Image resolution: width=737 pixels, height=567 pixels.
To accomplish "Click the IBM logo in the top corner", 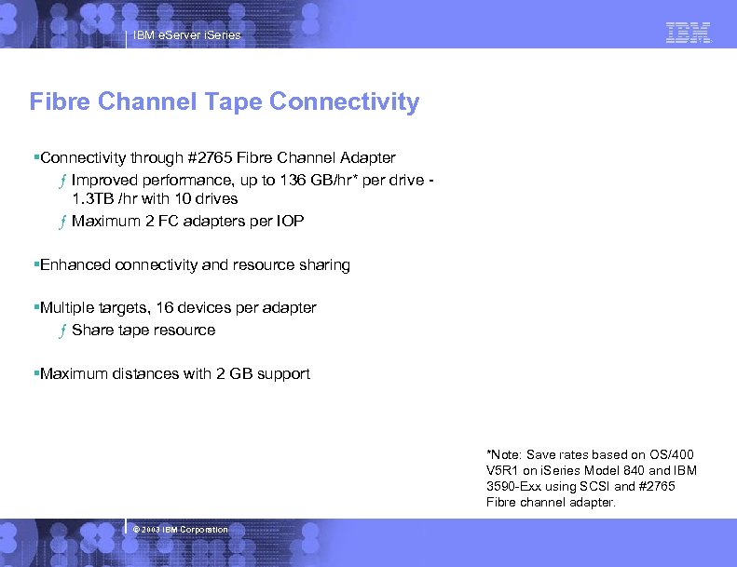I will (689, 34).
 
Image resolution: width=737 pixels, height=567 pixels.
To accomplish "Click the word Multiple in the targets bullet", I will (69, 307).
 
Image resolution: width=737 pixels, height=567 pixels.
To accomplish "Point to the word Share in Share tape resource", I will (91, 330).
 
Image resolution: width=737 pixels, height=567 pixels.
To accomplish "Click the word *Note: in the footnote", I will (504, 454).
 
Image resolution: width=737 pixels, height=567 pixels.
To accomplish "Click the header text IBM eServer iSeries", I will (186, 35).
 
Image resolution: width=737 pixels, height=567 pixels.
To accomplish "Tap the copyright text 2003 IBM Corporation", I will (184, 530).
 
